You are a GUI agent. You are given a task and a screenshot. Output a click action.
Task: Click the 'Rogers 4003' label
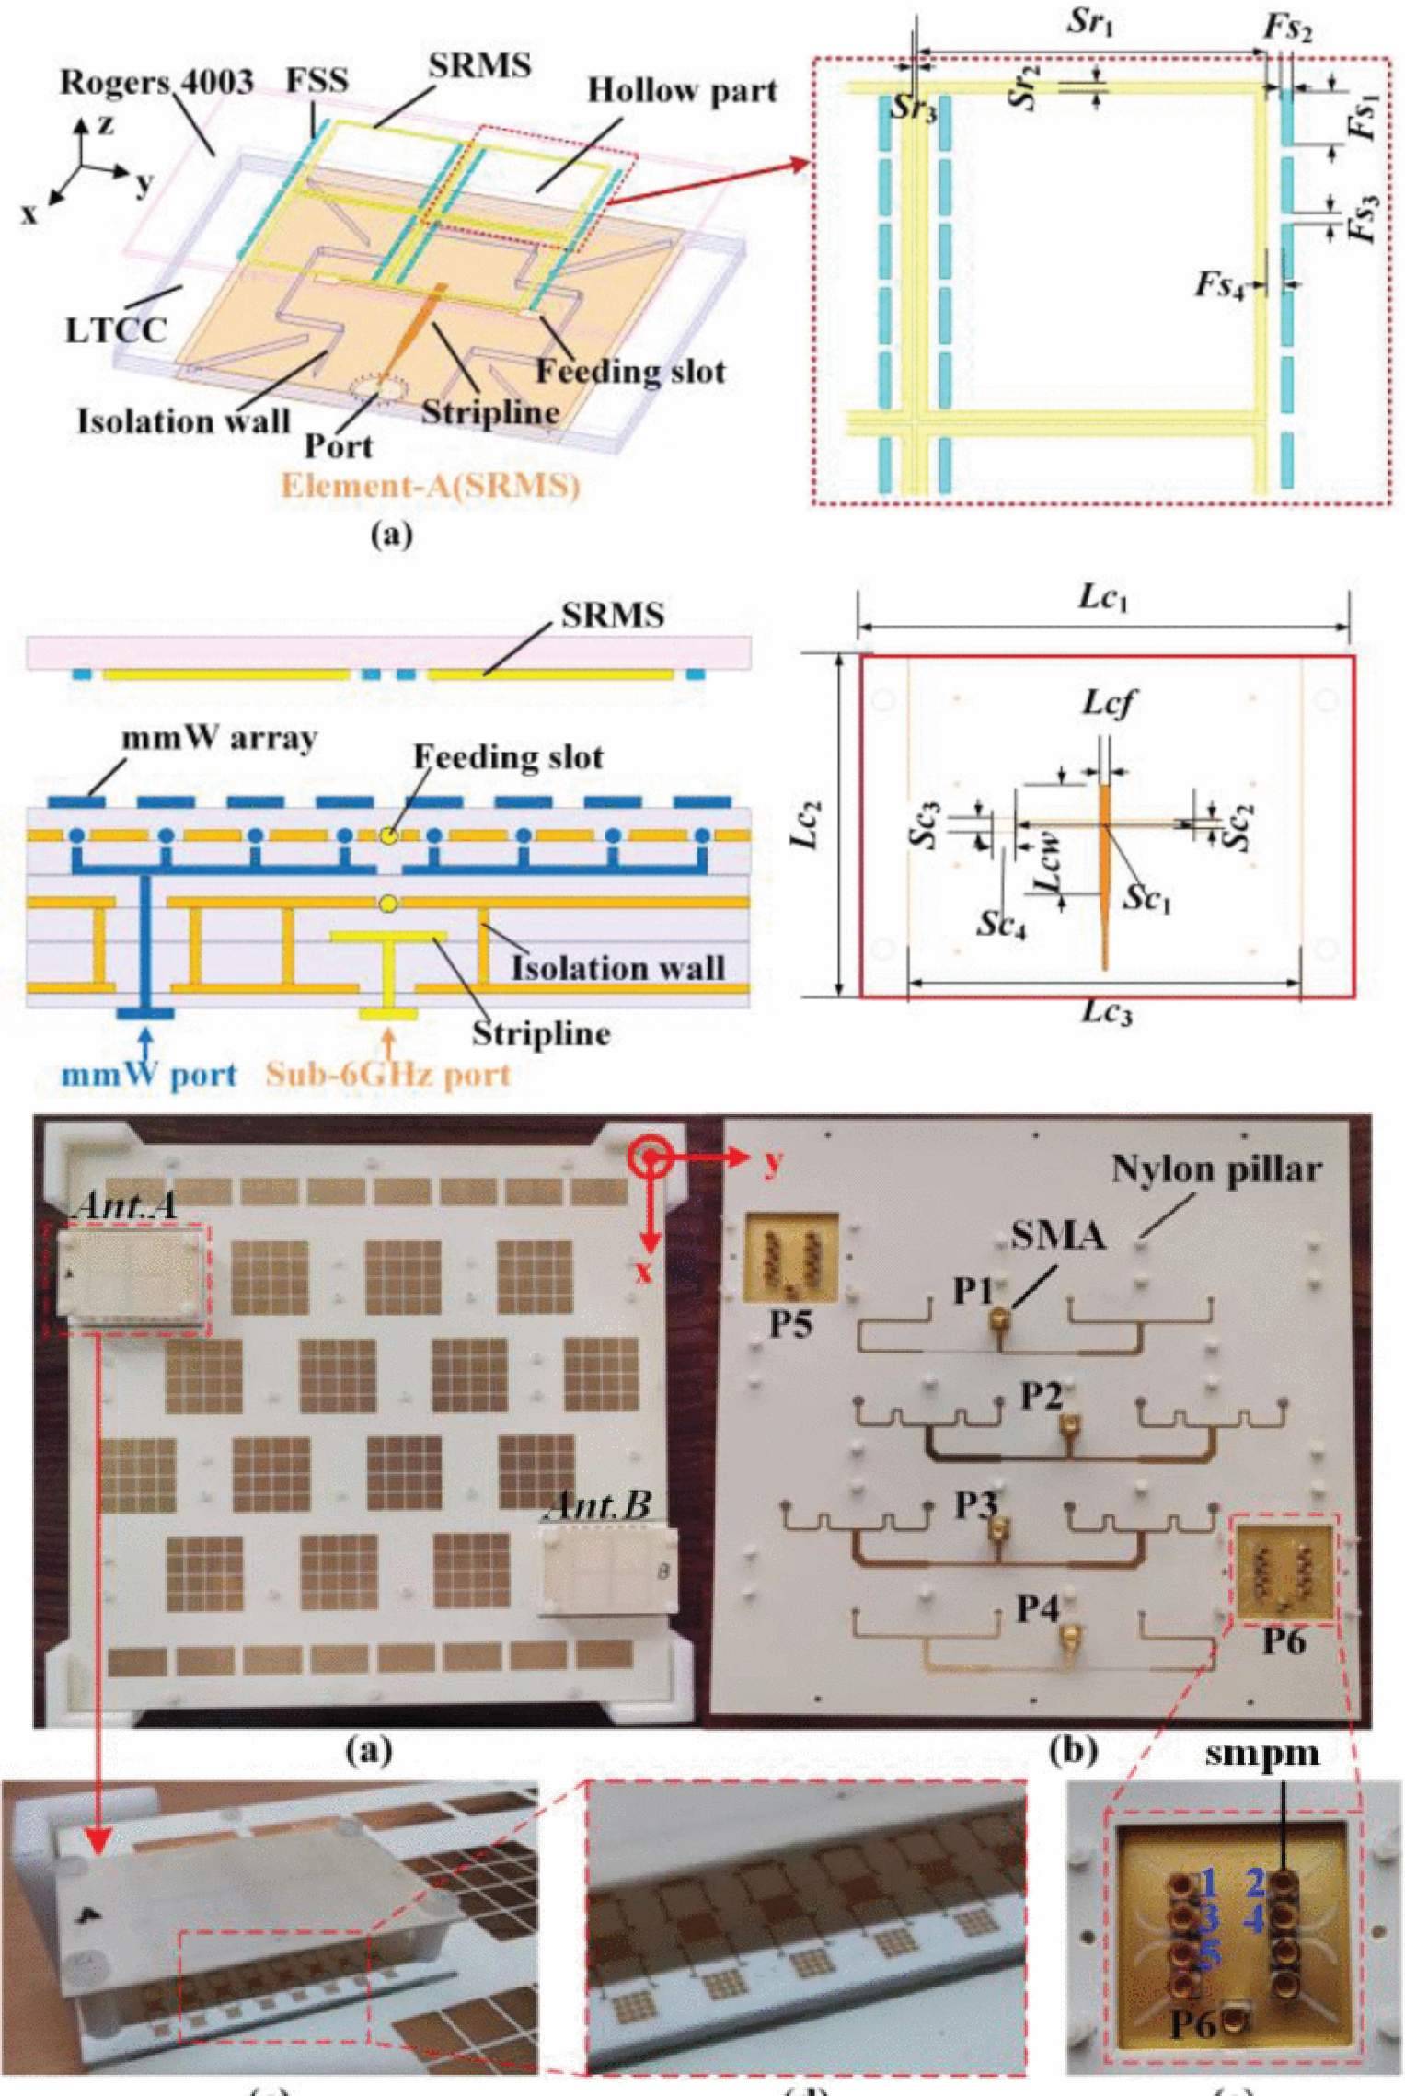(x=156, y=83)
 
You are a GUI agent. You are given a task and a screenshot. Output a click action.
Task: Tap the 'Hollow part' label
(x=682, y=91)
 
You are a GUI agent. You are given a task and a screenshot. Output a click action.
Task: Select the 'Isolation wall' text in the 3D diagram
(x=184, y=422)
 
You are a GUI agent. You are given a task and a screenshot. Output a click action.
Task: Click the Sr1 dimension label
(x=1091, y=23)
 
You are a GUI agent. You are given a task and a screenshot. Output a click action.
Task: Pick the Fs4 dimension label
(x=1219, y=285)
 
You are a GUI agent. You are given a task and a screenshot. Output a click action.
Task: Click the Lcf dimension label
(x=1107, y=704)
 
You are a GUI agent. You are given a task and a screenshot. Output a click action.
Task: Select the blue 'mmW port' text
(x=149, y=1074)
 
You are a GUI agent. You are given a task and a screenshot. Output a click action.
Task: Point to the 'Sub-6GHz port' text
(x=387, y=1074)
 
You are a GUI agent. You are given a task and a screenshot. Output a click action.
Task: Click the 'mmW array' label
(x=220, y=739)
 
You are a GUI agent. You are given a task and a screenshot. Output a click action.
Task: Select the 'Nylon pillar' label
(x=1216, y=1169)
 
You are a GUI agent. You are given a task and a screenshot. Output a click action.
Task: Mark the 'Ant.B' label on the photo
(x=599, y=1504)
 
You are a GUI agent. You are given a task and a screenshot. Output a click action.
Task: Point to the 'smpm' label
(x=1262, y=1754)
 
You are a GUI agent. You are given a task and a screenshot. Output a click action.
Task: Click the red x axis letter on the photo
(x=643, y=1272)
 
